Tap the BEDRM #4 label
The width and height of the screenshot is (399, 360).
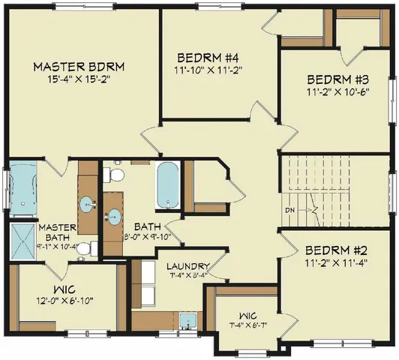click(x=207, y=58)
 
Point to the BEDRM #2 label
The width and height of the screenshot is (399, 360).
click(x=335, y=250)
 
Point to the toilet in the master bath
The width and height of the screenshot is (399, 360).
click(x=85, y=247)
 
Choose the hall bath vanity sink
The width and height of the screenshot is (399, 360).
click(x=113, y=215)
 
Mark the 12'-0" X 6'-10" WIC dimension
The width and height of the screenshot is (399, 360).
click(x=67, y=301)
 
